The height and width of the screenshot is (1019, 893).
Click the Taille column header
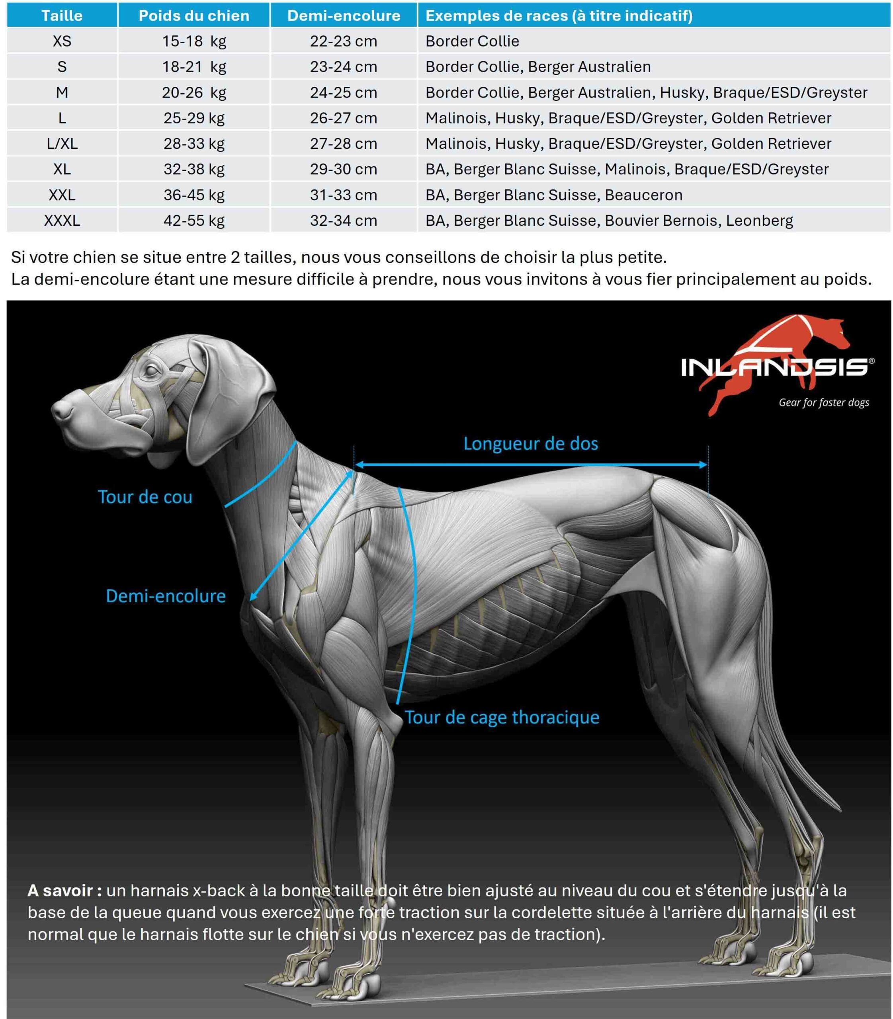coord(62,16)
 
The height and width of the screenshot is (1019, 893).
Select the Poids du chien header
coord(194,16)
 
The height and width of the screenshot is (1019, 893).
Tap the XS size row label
coord(62,41)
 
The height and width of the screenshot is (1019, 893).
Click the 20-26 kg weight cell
coord(194,92)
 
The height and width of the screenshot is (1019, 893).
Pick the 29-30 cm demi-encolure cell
coord(343,169)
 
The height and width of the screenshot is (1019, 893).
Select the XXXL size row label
coord(62,220)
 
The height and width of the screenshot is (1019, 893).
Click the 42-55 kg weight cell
coord(194,220)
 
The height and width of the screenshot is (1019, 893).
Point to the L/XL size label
coord(62,144)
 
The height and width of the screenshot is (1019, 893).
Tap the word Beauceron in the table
coord(643,195)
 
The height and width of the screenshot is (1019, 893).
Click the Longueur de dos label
coord(530,443)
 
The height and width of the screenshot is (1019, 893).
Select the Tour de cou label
coord(145,497)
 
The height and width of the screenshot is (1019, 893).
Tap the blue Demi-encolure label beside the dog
coord(166,596)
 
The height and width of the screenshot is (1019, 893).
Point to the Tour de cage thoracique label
coord(502,717)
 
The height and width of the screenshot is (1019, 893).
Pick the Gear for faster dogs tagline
coord(824,402)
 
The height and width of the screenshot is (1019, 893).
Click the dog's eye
coord(150,370)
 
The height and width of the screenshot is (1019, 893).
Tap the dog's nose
coord(59,410)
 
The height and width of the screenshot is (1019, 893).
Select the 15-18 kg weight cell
coord(194,41)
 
